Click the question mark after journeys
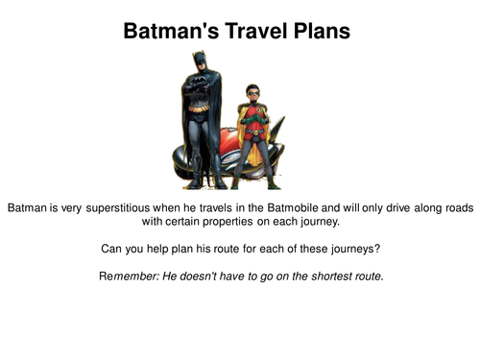click(x=377, y=249)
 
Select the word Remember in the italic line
click(x=125, y=276)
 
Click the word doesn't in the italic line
click(x=196, y=276)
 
